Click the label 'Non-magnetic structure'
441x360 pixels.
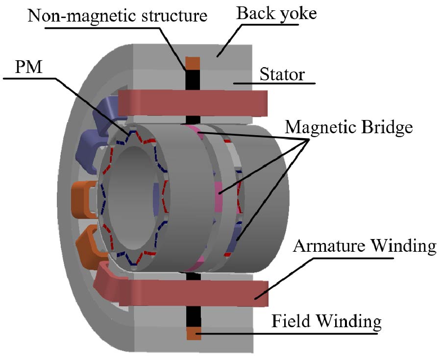pos(118,16)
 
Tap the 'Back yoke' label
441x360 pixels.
pos(276,13)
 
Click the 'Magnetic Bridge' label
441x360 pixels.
pos(349,128)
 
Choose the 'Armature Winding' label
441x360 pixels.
pos(364,246)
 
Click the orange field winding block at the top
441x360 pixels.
pos(193,63)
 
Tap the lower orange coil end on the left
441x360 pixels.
pos(91,240)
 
